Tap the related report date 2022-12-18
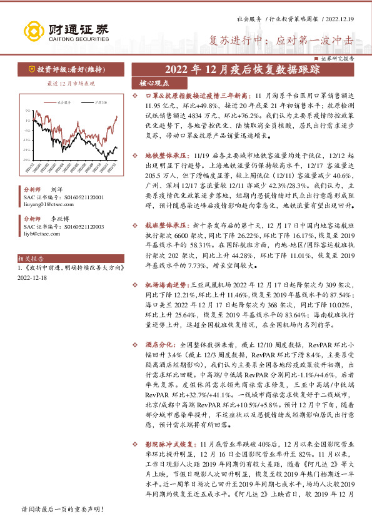[32, 276]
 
